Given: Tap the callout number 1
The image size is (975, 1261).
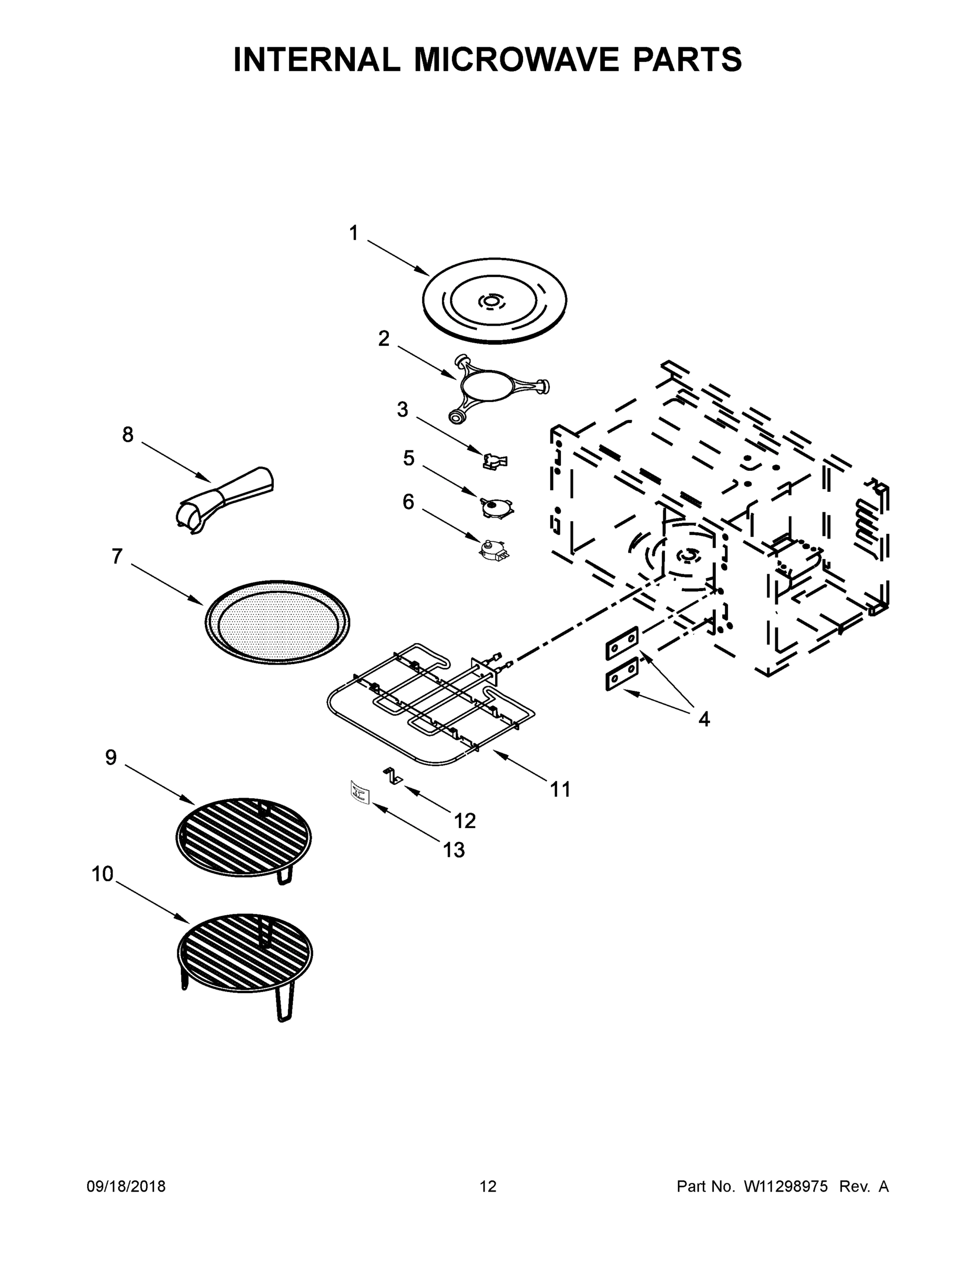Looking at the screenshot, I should point(354,234).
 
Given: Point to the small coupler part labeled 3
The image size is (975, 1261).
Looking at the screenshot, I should point(495,461).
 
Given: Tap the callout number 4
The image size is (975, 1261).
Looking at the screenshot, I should point(704,719).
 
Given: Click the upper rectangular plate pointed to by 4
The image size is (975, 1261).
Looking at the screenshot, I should point(622,643).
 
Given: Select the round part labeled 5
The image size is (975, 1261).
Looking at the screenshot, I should point(496,507).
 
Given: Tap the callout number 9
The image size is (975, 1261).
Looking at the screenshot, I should point(110,758).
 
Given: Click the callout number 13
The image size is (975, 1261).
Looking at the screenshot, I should point(454,850).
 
